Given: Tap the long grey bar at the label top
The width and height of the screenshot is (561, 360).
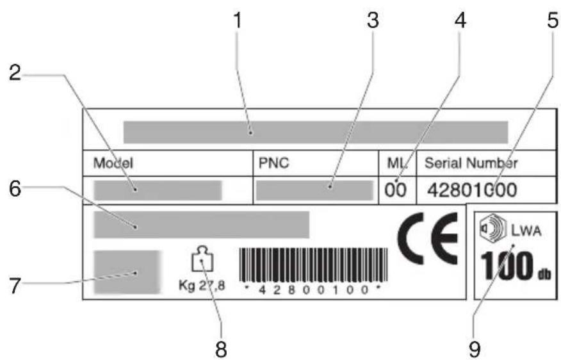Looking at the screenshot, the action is coord(315,131).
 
